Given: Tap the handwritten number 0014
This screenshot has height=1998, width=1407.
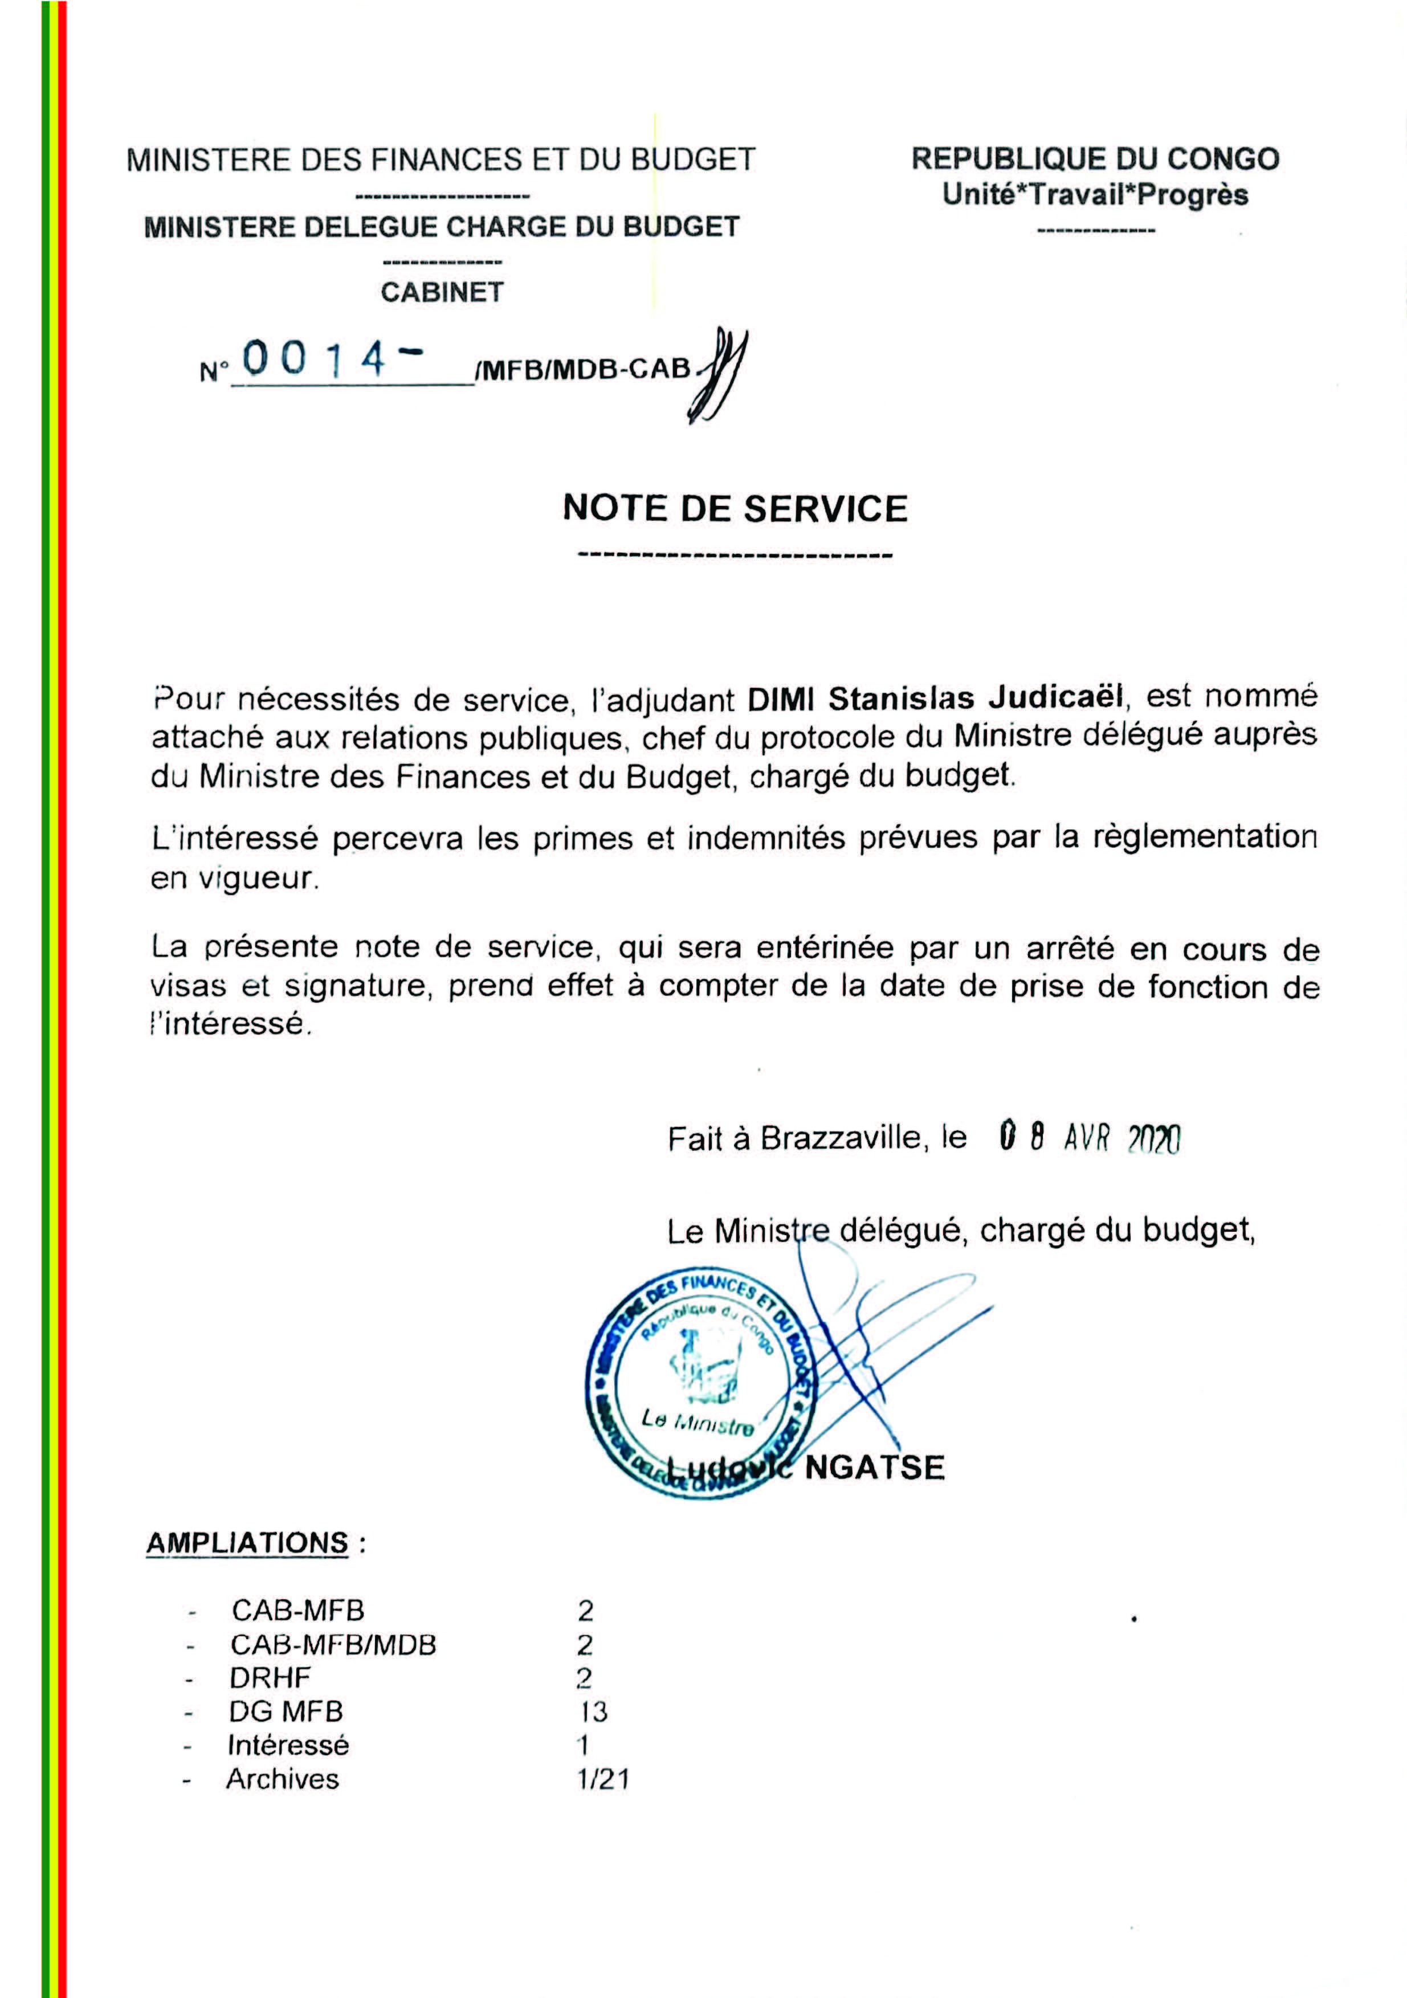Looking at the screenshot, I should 313,358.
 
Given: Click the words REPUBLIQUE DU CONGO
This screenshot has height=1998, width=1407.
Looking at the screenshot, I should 1095,160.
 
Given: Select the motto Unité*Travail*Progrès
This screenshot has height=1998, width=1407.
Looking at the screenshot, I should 1095,195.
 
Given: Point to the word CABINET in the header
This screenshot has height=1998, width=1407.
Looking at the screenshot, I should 442,292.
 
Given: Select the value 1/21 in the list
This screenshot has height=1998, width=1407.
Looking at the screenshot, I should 602,1779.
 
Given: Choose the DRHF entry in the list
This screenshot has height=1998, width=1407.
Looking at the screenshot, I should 270,1678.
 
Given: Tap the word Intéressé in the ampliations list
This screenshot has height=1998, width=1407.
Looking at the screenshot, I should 288,1745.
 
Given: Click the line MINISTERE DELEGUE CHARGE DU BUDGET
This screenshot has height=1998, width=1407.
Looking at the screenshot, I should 442,227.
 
